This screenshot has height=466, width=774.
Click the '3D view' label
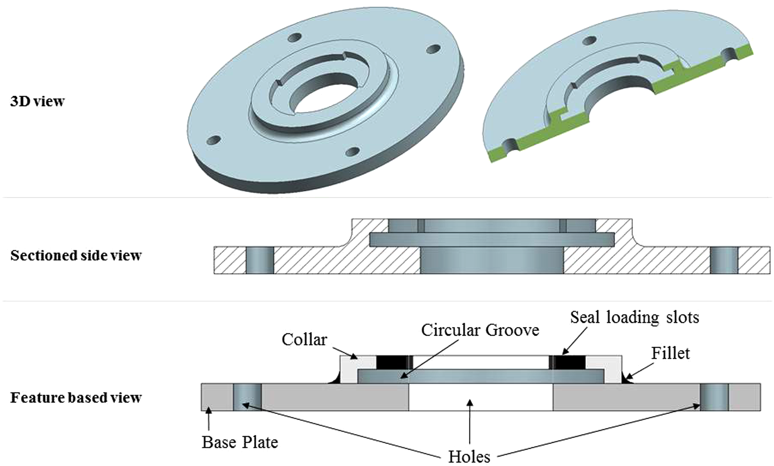pos(38,102)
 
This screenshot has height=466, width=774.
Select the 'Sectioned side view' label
pos(76,255)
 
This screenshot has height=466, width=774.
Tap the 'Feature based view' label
pos(76,397)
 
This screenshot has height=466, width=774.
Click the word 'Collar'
pos(304,339)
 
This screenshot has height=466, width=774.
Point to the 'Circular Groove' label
pos(480,330)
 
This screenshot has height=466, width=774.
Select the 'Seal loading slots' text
pos(635,317)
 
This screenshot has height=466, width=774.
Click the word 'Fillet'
pos(670,353)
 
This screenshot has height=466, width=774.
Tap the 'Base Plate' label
pos(240,442)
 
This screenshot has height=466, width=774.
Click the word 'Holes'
pos(469,457)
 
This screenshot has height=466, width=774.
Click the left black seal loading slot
pos(394,362)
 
